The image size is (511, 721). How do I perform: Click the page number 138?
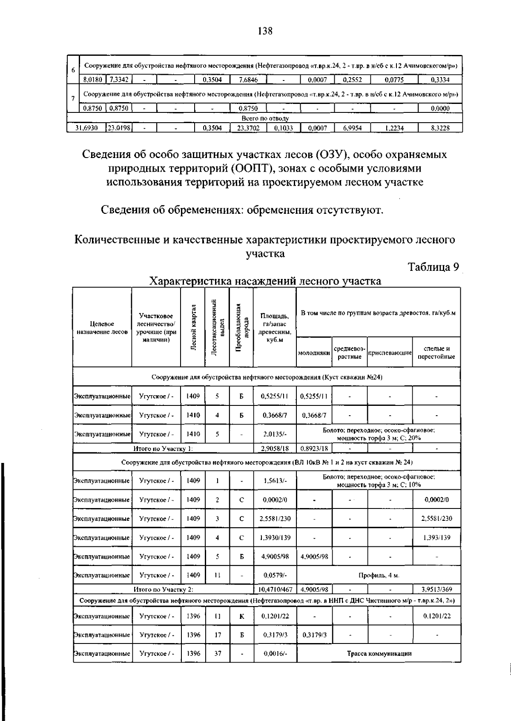click(264, 31)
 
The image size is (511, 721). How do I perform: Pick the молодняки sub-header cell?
click(314, 353)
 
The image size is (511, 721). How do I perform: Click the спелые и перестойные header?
click(436, 353)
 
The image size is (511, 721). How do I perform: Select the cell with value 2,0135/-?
click(275, 434)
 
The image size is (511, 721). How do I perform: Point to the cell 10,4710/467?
click(275, 590)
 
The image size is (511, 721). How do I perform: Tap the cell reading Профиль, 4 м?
click(379, 575)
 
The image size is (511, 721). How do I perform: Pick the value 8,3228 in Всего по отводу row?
click(440, 127)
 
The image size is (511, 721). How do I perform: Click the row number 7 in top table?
click(73, 99)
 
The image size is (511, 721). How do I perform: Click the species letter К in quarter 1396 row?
click(241, 616)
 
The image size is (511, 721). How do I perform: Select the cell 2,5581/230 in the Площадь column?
click(275, 519)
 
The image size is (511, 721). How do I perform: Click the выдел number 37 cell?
click(217, 654)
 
